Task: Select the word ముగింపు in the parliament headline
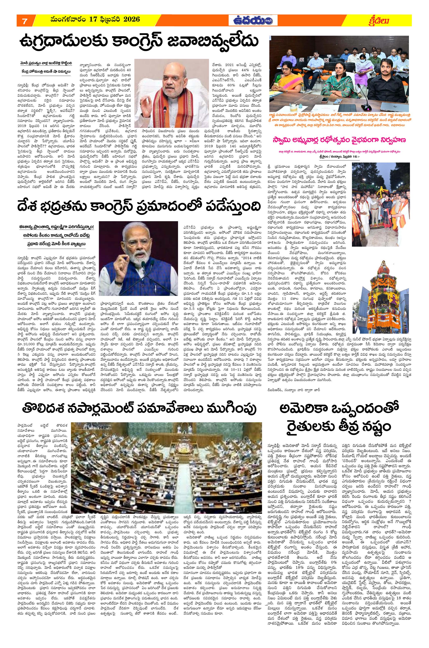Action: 226,409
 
